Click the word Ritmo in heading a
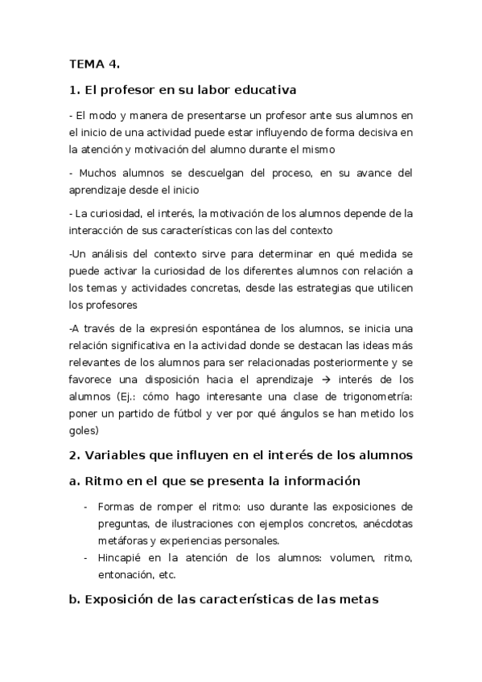pos(102,481)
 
